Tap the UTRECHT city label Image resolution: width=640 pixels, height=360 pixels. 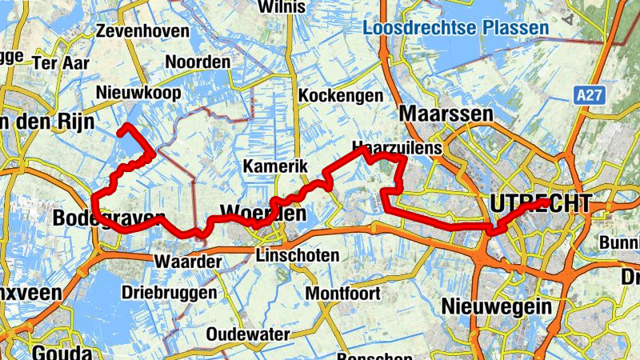click(542, 203)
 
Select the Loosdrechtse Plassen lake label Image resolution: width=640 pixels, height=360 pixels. click(455, 28)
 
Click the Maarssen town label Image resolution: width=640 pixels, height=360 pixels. click(446, 114)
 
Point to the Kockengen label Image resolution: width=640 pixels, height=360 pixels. click(340, 96)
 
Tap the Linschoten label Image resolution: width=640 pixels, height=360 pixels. click(297, 256)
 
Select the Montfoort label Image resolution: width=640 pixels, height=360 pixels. click(346, 292)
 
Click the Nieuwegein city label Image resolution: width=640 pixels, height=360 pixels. click(496, 306)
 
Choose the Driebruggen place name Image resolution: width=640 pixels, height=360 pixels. click(169, 293)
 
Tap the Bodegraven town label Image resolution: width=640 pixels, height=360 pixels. click(109, 218)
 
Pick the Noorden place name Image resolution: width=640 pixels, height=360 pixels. click(198, 62)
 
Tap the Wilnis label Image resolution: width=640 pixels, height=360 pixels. click(282, 7)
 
